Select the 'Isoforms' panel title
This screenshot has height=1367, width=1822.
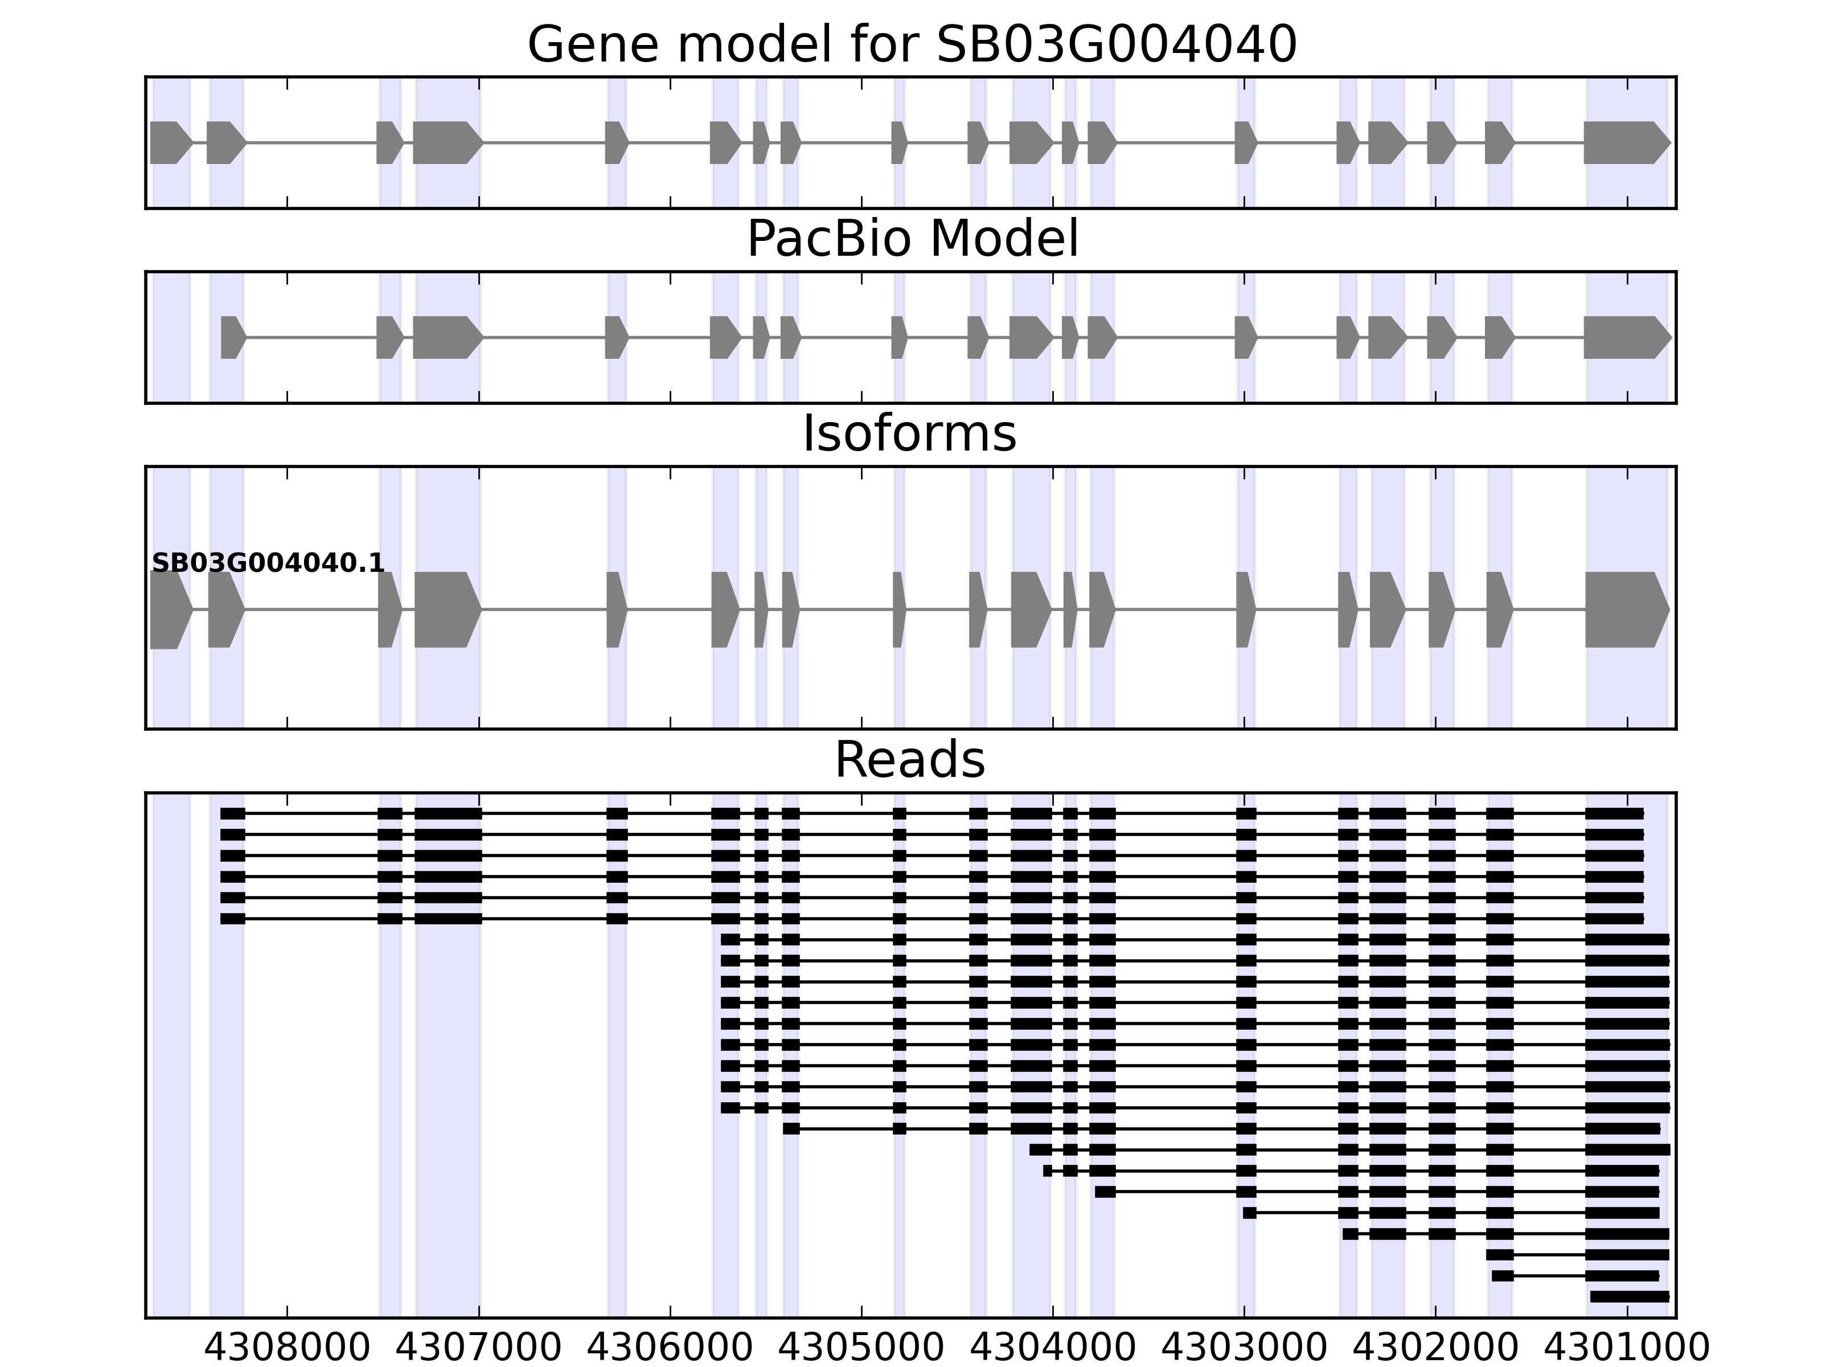click(x=909, y=433)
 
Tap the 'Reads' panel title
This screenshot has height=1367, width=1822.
click(x=909, y=760)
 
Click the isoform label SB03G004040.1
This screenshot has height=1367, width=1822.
click(x=268, y=563)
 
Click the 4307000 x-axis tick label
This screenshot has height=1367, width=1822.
click(x=479, y=1348)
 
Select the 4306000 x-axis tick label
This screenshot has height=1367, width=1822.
click(x=670, y=1348)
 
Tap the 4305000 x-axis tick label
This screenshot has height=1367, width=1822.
click(x=861, y=1348)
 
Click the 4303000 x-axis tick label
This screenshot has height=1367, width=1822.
click(x=1244, y=1348)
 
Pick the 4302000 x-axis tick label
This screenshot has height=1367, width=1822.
click(x=1435, y=1348)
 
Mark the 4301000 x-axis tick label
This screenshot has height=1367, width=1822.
click(x=1627, y=1348)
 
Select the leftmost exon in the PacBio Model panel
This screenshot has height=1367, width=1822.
click(x=232, y=337)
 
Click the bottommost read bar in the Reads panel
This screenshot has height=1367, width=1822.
click(x=1629, y=1297)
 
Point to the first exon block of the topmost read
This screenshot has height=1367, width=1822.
click(x=232, y=814)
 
